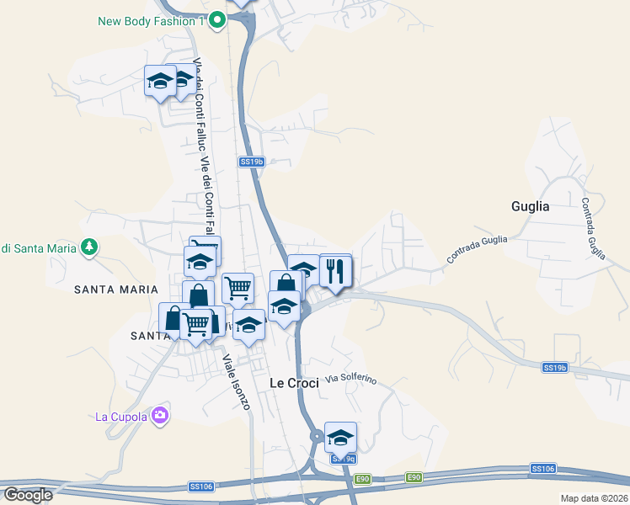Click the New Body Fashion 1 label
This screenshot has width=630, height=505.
[152, 21]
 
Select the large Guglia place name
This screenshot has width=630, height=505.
[531, 206]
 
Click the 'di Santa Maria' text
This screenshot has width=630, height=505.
[39, 247]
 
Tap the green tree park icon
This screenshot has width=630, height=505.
[88, 247]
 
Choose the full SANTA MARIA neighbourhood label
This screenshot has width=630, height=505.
[115, 290]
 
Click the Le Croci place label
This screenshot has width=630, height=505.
[294, 383]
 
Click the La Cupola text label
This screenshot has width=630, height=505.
[121, 416]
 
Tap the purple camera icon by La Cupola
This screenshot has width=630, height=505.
[160, 415]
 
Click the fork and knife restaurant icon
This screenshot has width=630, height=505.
[335, 271]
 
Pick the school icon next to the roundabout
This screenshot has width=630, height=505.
[340, 438]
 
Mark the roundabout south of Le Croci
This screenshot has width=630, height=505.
[317, 436]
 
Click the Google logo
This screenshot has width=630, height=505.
[28, 495]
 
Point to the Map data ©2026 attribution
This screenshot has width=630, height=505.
[594, 498]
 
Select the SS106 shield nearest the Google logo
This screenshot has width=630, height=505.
[200, 486]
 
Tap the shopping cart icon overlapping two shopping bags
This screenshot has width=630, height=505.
[196, 323]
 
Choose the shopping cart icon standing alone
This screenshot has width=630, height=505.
[238, 289]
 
